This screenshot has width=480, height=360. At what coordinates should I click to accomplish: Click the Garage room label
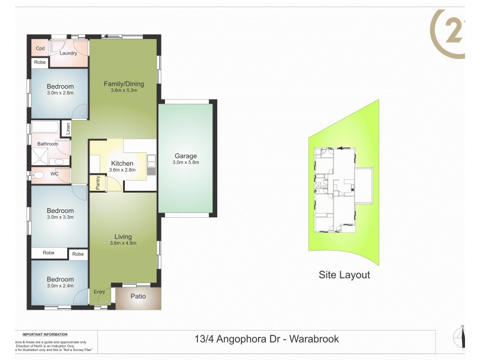pyautogui.click(x=185, y=155)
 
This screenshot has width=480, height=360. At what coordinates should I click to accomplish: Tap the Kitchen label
pyautogui.click(x=122, y=163)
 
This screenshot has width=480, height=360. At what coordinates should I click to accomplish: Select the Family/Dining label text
pyautogui.click(x=124, y=83)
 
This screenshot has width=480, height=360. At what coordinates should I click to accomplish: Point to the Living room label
pyautogui.click(x=123, y=236)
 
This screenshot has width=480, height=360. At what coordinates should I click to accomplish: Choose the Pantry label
pyautogui.click(x=98, y=183)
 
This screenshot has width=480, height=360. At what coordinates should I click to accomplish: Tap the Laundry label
pyautogui.click(x=68, y=53)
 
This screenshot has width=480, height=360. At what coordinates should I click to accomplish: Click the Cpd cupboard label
pyautogui.click(x=40, y=49)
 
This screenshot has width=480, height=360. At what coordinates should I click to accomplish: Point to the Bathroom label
pyautogui.click(x=47, y=144)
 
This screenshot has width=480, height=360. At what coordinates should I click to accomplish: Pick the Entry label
pyautogui.click(x=99, y=292)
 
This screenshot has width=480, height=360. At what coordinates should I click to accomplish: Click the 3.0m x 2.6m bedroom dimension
pyautogui.click(x=60, y=93)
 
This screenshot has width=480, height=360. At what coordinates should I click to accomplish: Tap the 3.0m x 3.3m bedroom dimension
pyautogui.click(x=60, y=217)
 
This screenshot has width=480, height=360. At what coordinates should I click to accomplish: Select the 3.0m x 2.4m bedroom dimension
pyautogui.click(x=60, y=286)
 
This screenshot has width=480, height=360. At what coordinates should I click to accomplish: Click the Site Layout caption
pyautogui.click(x=344, y=275)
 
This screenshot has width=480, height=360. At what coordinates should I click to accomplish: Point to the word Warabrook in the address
pyautogui.click(x=314, y=339)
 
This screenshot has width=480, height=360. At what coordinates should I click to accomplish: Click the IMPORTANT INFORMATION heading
pyautogui.click(x=45, y=334)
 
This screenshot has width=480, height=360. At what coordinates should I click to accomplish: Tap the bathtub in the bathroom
pyautogui.click(x=46, y=128)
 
